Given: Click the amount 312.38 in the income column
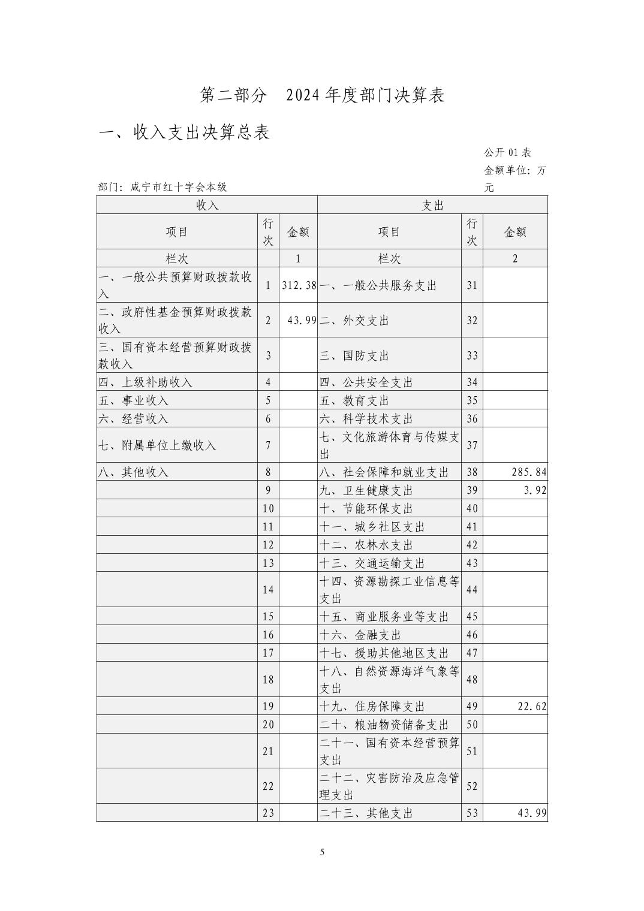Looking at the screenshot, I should [299, 285].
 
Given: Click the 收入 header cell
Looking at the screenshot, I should [207, 205].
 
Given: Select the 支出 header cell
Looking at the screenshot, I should [432, 205].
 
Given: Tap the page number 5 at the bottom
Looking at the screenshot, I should [322, 852].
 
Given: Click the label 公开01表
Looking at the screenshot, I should [507, 153].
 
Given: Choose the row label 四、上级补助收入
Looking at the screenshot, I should [145, 382].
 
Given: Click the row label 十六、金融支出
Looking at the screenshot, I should [360, 635].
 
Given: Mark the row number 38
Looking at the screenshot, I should [472, 472].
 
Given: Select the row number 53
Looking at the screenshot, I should [472, 813].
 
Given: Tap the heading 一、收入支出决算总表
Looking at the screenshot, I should [184, 132].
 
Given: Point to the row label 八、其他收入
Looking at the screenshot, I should [133, 472].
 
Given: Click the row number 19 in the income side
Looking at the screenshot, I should [268, 707].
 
